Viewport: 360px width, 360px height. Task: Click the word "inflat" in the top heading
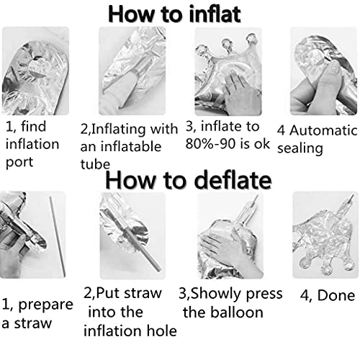coord(215,14)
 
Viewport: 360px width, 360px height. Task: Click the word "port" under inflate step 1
coord(19,163)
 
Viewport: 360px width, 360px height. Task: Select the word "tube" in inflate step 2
coord(95,164)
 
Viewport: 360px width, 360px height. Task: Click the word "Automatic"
coord(323,130)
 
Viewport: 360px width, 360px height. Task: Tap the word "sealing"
coord(300,148)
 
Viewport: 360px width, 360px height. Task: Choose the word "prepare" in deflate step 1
coord(45,305)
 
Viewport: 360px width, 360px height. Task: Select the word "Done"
coord(336,295)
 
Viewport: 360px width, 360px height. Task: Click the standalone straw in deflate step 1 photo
coord(58,236)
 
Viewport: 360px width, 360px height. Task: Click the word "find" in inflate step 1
coord(33,126)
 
